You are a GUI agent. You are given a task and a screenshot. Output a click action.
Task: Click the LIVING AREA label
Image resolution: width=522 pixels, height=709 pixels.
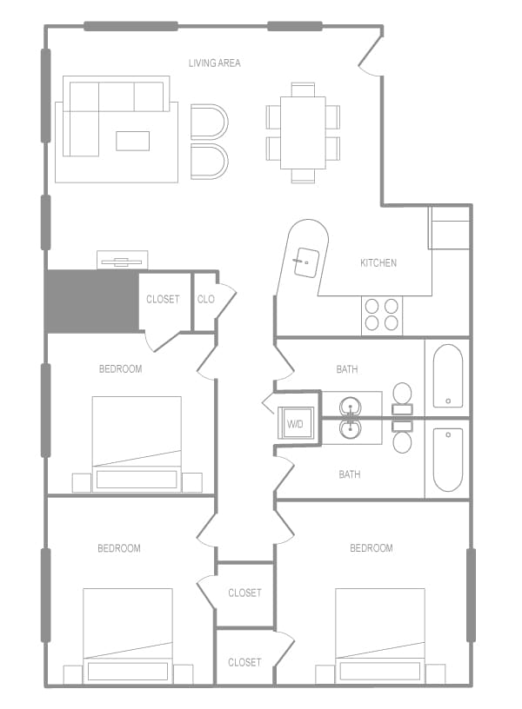214,63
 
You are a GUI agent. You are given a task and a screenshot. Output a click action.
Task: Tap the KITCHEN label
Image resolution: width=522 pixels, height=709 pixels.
378,262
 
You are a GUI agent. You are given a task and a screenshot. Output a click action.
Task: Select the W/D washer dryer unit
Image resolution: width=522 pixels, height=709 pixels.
296,425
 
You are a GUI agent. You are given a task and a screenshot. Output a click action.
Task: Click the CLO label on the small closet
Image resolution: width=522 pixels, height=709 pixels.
205,299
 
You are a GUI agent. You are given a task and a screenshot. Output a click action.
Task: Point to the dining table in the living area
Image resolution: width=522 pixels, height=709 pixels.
303,132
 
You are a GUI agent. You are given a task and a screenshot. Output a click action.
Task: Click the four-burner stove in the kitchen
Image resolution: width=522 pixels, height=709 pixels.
382,315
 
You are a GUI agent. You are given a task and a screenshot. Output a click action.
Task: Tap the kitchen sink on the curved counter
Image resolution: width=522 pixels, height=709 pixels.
304,258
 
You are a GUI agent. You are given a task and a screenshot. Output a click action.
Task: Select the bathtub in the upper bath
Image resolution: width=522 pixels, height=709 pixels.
447,375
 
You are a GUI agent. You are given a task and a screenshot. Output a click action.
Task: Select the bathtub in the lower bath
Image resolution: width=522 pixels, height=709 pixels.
447,459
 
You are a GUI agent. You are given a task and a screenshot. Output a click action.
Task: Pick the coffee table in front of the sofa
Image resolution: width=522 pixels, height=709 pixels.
133,141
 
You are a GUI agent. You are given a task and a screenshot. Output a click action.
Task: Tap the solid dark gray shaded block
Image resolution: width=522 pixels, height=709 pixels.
91,301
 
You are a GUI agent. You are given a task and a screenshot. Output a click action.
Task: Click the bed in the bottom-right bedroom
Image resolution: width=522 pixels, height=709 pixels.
380,635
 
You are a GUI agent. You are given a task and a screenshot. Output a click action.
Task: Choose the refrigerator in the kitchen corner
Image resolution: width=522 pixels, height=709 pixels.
450,228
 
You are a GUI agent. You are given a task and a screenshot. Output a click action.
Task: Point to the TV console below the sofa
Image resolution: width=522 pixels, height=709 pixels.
122,260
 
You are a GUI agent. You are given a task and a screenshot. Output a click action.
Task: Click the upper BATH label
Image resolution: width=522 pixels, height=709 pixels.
347,369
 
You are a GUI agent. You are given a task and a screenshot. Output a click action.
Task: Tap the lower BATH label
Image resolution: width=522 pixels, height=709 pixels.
350,474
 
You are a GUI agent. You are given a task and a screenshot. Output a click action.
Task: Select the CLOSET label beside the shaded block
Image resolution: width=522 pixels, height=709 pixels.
163,299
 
